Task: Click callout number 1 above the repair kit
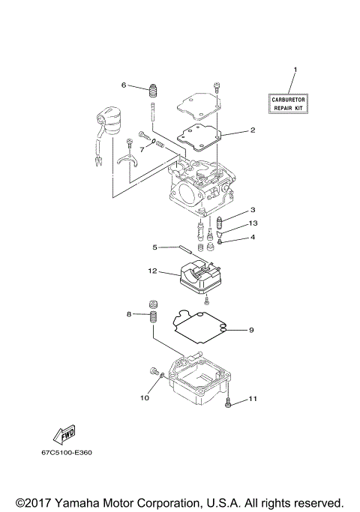pos(295,70)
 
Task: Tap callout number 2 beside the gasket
pos(253,130)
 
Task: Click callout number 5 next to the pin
pos(155,247)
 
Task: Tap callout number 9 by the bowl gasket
pos(252,330)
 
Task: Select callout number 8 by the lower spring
pos(129,314)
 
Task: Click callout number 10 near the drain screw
pos(144,398)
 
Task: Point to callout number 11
pos(253,398)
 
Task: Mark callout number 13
pos(253,223)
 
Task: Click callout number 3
pos(253,210)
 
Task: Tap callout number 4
pos(253,238)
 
